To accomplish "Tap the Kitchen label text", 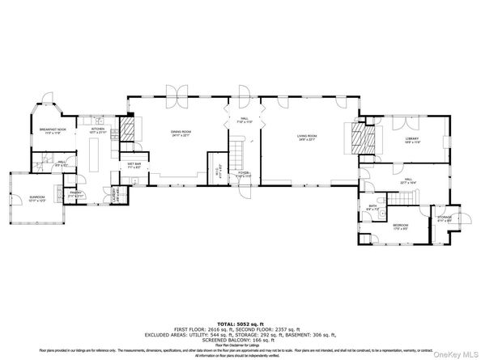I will coord(97,130).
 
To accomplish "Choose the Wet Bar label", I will coord(134,166).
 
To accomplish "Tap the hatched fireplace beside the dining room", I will coord(130,129).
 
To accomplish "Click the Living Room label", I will coord(306,137).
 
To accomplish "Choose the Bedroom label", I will coord(400,227).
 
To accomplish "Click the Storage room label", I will coord(443,218).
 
